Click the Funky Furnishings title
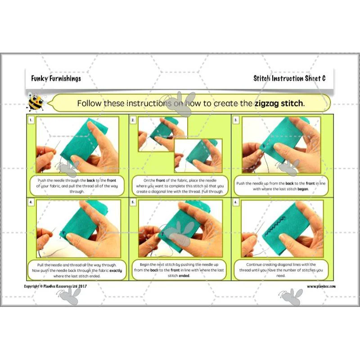(x=56, y=78)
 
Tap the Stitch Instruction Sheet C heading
(x=289, y=78)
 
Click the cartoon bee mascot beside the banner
(x=36, y=102)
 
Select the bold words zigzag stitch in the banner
(x=279, y=103)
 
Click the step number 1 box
(x=31, y=120)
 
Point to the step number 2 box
(x=133, y=120)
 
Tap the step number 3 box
(x=235, y=120)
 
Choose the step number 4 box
(x=31, y=202)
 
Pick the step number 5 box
(x=133, y=202)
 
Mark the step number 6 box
(x=235, y=202)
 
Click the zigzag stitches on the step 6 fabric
(x=274, y=226)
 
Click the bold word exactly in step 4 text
(x=116, y=270)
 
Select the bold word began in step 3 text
(x=303, y=189)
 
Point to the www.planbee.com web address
(x=321, y=286)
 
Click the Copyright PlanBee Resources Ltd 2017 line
(x=55, y=286)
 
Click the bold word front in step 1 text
(x=112, y=180)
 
